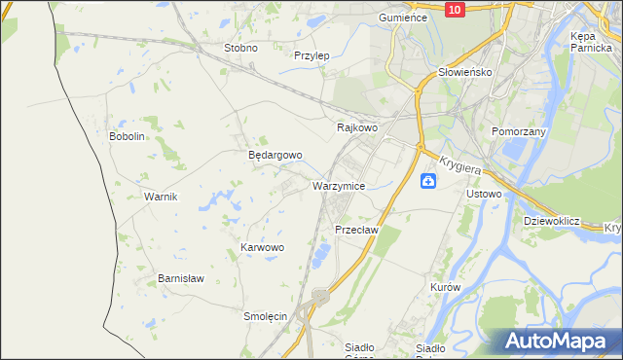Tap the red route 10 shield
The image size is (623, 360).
(x=454, y=9)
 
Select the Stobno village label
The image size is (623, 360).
(x=240, y=48)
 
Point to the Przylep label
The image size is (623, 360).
(x=311, y=55)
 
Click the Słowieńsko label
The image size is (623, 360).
(x=464, y=72)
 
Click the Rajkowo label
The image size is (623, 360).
(x=356, y=127)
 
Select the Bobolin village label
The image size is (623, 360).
(x=127, y=136)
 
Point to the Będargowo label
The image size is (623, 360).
(x=275, y=155)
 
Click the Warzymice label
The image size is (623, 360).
(x=339, y=185)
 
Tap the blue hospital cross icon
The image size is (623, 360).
(x=428, y=182)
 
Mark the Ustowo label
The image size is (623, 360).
(x=484, y=194)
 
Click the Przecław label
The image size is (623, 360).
(x=355, y=230)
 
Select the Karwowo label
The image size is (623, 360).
(x=262, y=247)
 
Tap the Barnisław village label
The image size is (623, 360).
(x=180, y=278)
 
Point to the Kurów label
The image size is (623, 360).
(x=444, y=288)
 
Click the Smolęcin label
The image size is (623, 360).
(x=264, y=316)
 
